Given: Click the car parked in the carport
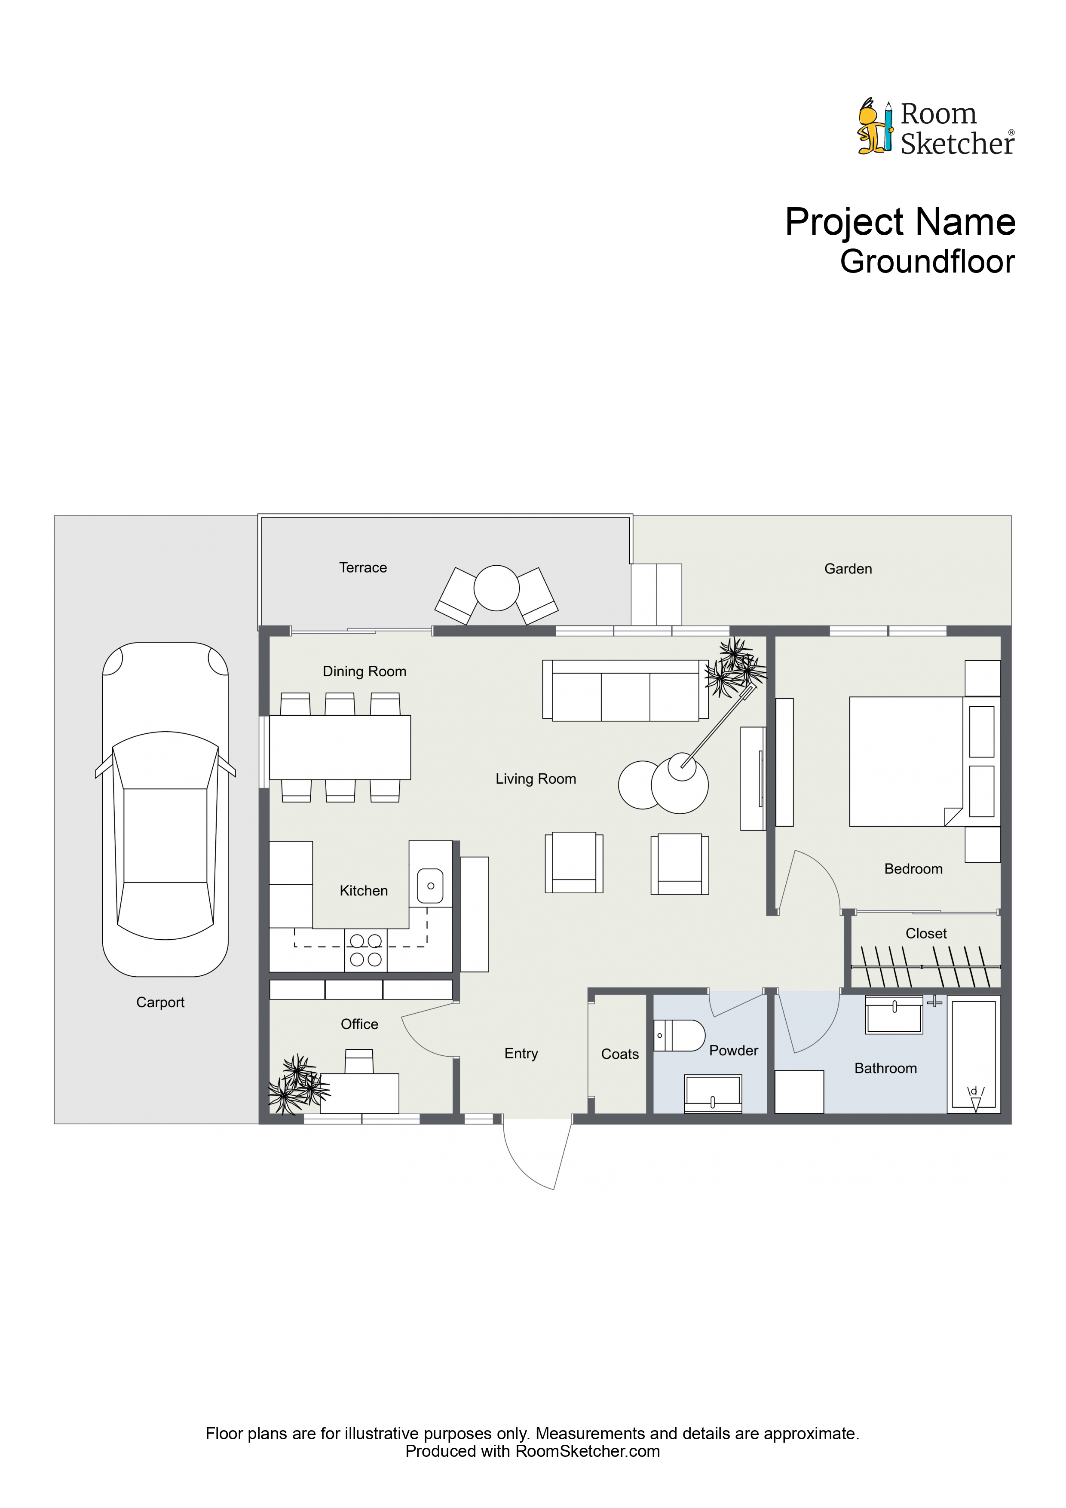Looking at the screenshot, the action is [165, 809].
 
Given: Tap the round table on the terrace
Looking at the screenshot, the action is [496, 588].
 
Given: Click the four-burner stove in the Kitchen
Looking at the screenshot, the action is [366, 950].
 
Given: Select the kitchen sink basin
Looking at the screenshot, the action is [430, 886].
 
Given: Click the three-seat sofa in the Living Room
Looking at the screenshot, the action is [625, 690].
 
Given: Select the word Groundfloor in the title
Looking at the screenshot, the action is [928, 261].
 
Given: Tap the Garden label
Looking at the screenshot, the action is [848, 569].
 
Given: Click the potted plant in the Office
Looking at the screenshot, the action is [298, 1085].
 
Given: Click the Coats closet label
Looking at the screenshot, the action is [619, 1054].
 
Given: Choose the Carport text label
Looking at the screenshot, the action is [160, 1002].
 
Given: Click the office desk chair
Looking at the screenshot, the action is [359, 1061].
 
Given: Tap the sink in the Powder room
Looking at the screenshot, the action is [713, 1094].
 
